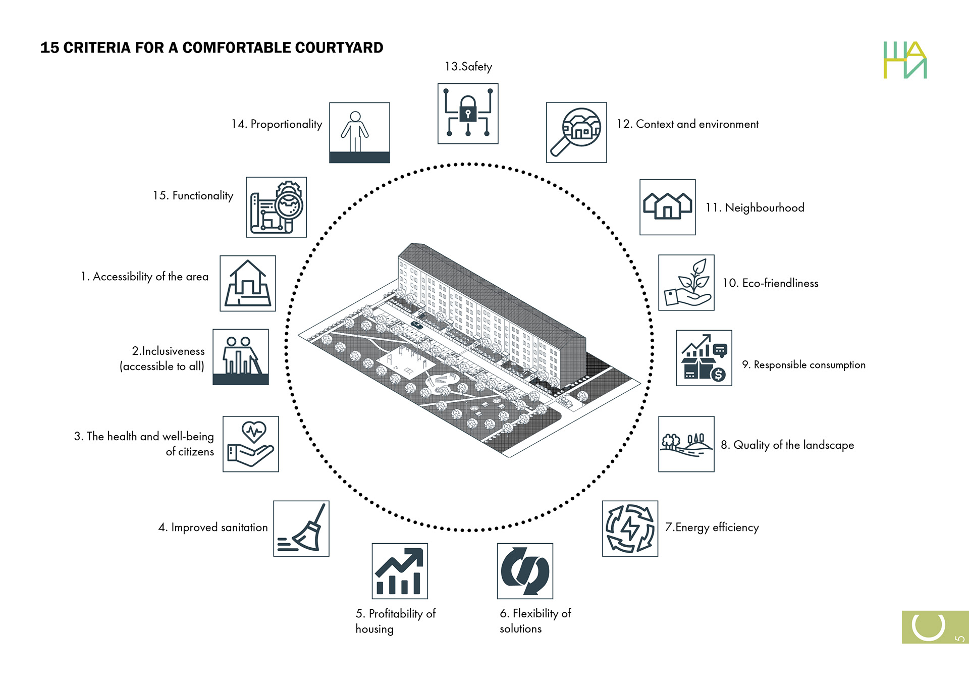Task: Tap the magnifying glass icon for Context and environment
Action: (576, 132)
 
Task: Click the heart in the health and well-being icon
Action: (254, 432)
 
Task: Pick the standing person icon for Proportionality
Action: (355, 131)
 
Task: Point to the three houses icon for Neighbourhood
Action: (667, 206)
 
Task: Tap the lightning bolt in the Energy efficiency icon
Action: (630, 529)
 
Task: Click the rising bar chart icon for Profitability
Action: (400, 571)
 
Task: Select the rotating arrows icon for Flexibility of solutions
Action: (525, 571)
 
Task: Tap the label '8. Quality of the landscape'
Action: (787, 445)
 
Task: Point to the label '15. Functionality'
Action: (193, 196)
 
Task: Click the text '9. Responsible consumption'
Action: (803, 364)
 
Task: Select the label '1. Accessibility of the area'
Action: (144, 277)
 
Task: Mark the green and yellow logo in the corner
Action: (905, 60)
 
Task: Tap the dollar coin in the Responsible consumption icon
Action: (718, 375)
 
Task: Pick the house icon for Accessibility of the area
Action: (248, 283)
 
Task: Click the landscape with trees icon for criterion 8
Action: (686, 444)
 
